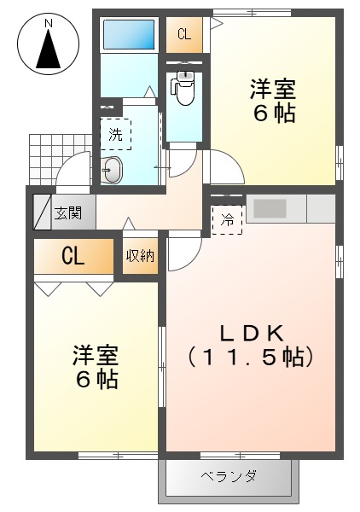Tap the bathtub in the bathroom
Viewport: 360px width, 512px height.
pos(129,35)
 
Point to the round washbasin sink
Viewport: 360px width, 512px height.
pos(112,171)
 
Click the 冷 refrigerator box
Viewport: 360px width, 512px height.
pos(227,218)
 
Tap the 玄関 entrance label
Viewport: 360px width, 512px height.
pos(68,212)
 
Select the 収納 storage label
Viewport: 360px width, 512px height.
pos(140,256)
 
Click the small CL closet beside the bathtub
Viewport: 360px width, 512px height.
pos(184,35)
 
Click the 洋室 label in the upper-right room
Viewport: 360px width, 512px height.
pos(273,88)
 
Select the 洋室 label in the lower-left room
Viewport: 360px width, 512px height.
pos(95,354)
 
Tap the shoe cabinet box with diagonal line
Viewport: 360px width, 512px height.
pos(43,210)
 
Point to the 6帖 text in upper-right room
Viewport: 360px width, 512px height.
pos(273,113)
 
